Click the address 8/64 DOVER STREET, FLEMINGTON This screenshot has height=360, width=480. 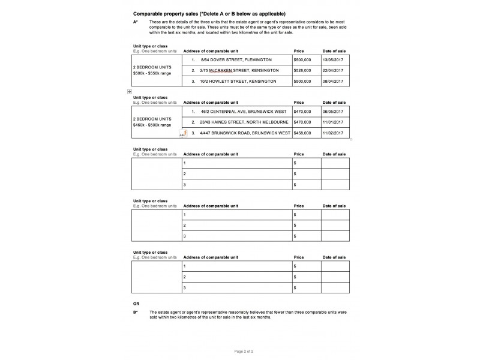[x=236, y=60]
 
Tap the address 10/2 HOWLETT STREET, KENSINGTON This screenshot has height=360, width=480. [x=238, y=81]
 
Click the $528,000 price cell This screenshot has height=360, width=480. [x=302, y=71]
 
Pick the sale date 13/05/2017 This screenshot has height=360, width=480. [x=333, y=60]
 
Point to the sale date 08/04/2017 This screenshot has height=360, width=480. [x=333, y=81]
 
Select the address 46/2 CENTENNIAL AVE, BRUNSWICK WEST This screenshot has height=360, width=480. [x=243, y=112]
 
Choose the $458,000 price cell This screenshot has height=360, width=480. [x=302, y=132]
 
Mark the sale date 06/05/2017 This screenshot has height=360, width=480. [x=333, y=112]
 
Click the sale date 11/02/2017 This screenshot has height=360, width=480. [x=333, y=132]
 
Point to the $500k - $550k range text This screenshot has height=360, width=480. [x=152, y=73]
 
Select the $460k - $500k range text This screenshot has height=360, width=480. [x=152, y=125]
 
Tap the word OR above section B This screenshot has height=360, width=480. [x=136, y=304]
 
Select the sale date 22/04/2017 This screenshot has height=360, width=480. [x=333, y=71]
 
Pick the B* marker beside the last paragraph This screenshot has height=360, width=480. [x=136, y=312]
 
